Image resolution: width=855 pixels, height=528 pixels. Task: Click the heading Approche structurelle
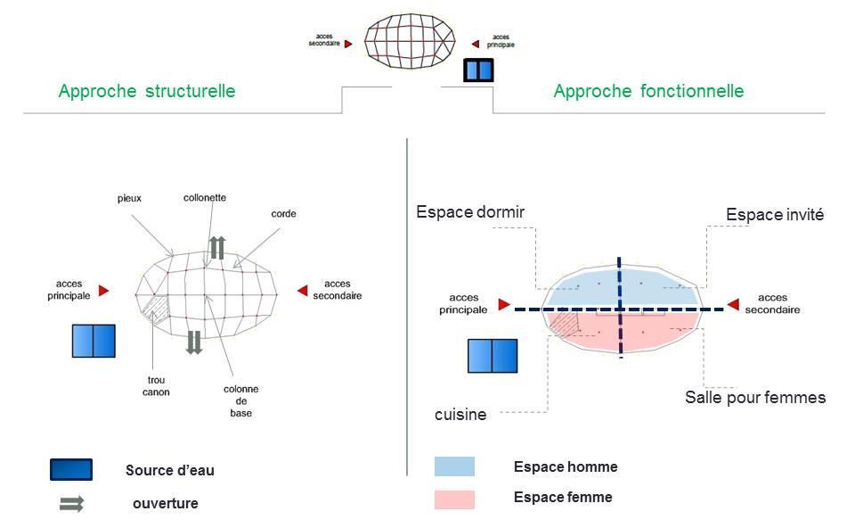[x=147, y=91]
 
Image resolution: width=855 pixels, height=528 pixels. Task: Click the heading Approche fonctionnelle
[x=648, y=91]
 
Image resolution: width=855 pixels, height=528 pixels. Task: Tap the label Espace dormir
[x=470, y=212]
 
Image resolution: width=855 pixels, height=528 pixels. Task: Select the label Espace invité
[x=775, y=215]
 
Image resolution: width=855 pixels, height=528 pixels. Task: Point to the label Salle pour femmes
[x=755, y=397]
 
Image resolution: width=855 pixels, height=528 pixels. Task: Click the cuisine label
[x=460, y=415]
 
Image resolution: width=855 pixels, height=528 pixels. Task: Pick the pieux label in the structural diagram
[x=129, y=197]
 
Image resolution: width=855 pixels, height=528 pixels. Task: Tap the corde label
[x=284, y=214]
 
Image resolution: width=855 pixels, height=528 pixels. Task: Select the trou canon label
[x=155, y=385]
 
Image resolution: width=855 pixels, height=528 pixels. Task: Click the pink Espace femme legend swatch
[x=454, y=499]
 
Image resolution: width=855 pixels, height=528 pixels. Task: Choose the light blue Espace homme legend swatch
[x=454, y=466]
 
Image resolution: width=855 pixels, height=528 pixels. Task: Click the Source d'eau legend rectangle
[x=71, y=470]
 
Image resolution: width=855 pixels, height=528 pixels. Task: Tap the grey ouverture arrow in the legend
[x=71, y=504]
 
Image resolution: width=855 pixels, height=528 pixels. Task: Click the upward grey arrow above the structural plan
[x=216, y=248]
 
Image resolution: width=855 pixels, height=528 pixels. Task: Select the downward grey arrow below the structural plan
[x=194, y=342]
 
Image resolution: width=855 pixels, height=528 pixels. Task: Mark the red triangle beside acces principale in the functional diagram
[x=504, y=305]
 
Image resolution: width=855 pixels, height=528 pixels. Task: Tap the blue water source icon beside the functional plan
[x=493, y=355]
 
